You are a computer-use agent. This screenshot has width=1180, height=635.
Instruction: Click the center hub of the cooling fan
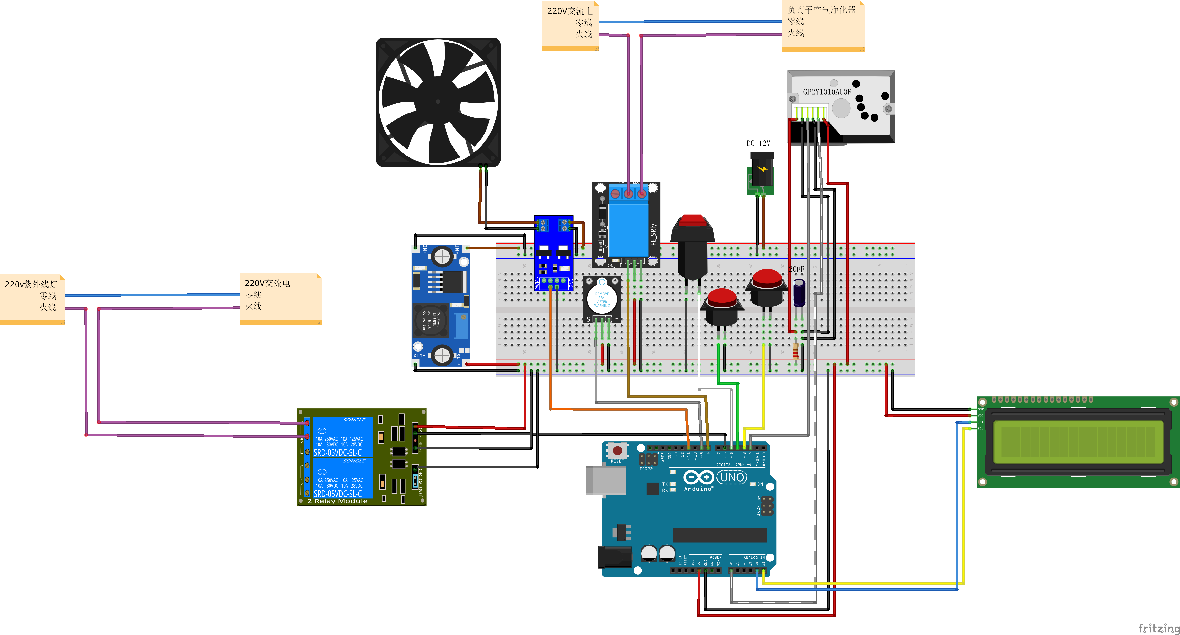coord(438,102)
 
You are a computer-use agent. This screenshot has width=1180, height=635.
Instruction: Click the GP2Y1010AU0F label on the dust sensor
coord(827,92)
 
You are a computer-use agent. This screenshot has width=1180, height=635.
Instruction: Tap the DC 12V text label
coord(758,143)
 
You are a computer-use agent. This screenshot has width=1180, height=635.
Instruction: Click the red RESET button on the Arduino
coord(617,451)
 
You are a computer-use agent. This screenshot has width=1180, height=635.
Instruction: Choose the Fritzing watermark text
coord(1158,628)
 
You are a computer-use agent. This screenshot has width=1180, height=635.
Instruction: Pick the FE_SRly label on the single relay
coord(653,234)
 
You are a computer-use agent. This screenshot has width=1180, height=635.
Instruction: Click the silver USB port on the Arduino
coord(606,480)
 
